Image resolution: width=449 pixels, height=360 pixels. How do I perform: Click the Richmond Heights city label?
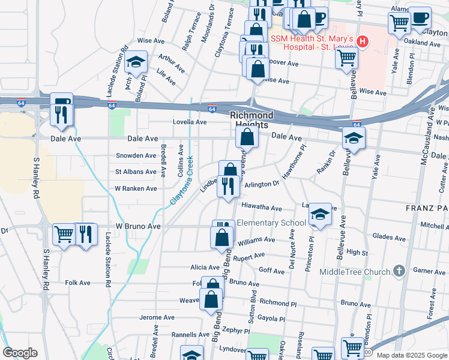tap(252, 119)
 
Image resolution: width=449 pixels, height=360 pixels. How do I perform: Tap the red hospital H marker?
tap(362, 41)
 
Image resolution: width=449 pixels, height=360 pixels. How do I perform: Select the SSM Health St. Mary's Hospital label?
tap(312, 41)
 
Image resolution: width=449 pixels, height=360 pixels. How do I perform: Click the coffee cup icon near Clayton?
tap(420, 17)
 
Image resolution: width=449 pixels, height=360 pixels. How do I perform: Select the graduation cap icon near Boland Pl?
tap(136, 62)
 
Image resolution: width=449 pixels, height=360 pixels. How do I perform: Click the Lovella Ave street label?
tap(190, 122)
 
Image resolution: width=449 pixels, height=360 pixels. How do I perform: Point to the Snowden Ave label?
tap(136, 155)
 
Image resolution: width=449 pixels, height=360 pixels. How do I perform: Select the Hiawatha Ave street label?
tap(261, 208)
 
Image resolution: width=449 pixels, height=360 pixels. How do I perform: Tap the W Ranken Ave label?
tap(136, 188)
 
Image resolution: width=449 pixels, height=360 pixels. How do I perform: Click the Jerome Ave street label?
tap(156, 317)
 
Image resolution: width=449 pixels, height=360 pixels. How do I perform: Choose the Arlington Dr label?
tap(262, 185)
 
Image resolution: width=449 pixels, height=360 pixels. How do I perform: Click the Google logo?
tap(20, 353)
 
